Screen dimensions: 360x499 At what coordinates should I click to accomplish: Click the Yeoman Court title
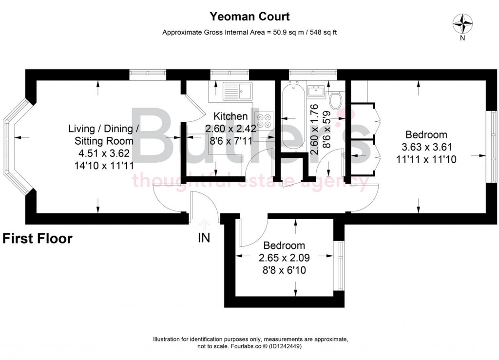pyautogui.click(x=249, y=17)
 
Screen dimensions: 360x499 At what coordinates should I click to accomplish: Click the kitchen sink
pyautogui.click(x=237, y=90)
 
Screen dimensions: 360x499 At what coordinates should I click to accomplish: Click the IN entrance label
pyautogui.click(x=204, y=239)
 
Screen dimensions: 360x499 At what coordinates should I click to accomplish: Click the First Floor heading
pyautogui.click(x=38, y=239)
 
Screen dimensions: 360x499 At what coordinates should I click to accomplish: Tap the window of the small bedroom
pyautogui.click(x=340, y=266)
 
